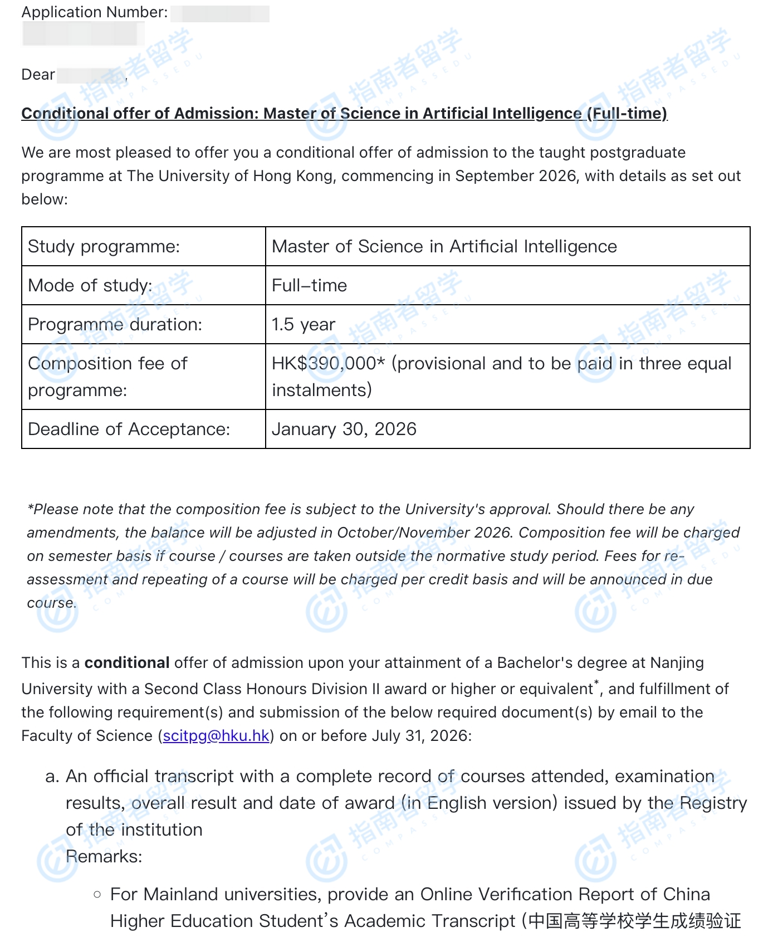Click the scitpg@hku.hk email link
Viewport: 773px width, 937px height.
tap(216, 736)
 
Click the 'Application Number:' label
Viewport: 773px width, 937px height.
tap(94, 12)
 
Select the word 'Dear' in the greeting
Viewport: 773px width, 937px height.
tap(38, 75)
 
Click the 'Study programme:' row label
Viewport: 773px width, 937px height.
tap(104, 246)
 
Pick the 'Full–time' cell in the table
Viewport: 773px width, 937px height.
tap(309, 285)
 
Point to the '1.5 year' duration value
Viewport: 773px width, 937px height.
tap(303, 324)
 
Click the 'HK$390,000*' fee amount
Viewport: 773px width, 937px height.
tap(328, 363)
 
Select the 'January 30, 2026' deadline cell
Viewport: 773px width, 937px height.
tap(344, 429)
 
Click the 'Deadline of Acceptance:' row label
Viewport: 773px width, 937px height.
tap(129, 429)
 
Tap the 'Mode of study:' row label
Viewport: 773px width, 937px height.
tap(90, 285)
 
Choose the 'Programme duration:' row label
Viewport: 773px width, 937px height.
tap(115, 324)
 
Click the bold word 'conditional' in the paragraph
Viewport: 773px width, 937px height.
tap(126, 663)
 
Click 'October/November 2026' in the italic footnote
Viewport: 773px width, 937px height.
tap(424, 533)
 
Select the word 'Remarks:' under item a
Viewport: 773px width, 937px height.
tap(104, 856)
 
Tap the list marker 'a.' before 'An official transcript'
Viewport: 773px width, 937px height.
tap(52, 777)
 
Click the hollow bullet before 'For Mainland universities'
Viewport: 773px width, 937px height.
tap(97, 895)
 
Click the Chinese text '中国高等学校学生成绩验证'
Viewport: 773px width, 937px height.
tap(634, 921)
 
